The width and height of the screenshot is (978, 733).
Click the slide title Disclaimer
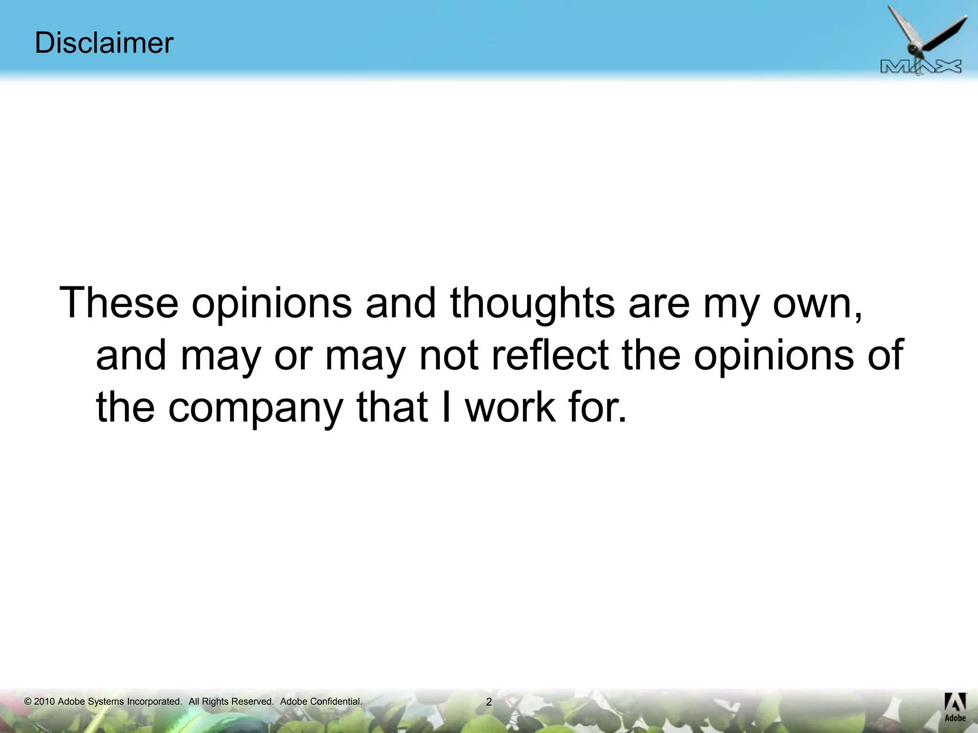(x=104, y=43)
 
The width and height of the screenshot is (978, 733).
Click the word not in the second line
(x=448, y=356)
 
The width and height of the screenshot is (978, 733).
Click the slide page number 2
(x=489, y=702)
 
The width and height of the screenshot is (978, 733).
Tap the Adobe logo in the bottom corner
(x=955, y=707)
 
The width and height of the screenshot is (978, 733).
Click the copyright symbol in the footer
(x=28, y=702)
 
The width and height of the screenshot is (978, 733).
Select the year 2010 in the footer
(x=44, y=702)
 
